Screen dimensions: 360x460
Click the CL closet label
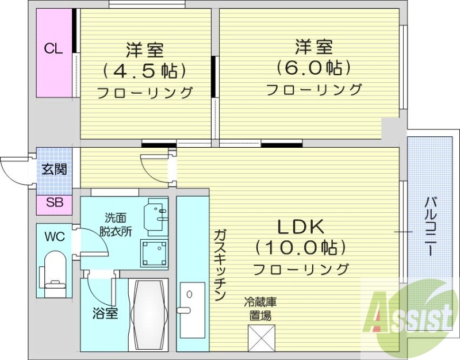coord(53,48)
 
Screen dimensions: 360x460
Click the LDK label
coord(301,227)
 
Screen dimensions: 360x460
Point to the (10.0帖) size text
coord(301,248)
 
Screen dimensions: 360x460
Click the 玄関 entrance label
coord(54,169)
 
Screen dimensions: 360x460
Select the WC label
coord(55,236)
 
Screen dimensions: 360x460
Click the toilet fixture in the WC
coord(55,275)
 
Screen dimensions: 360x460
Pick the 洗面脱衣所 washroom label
coord(118,224)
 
